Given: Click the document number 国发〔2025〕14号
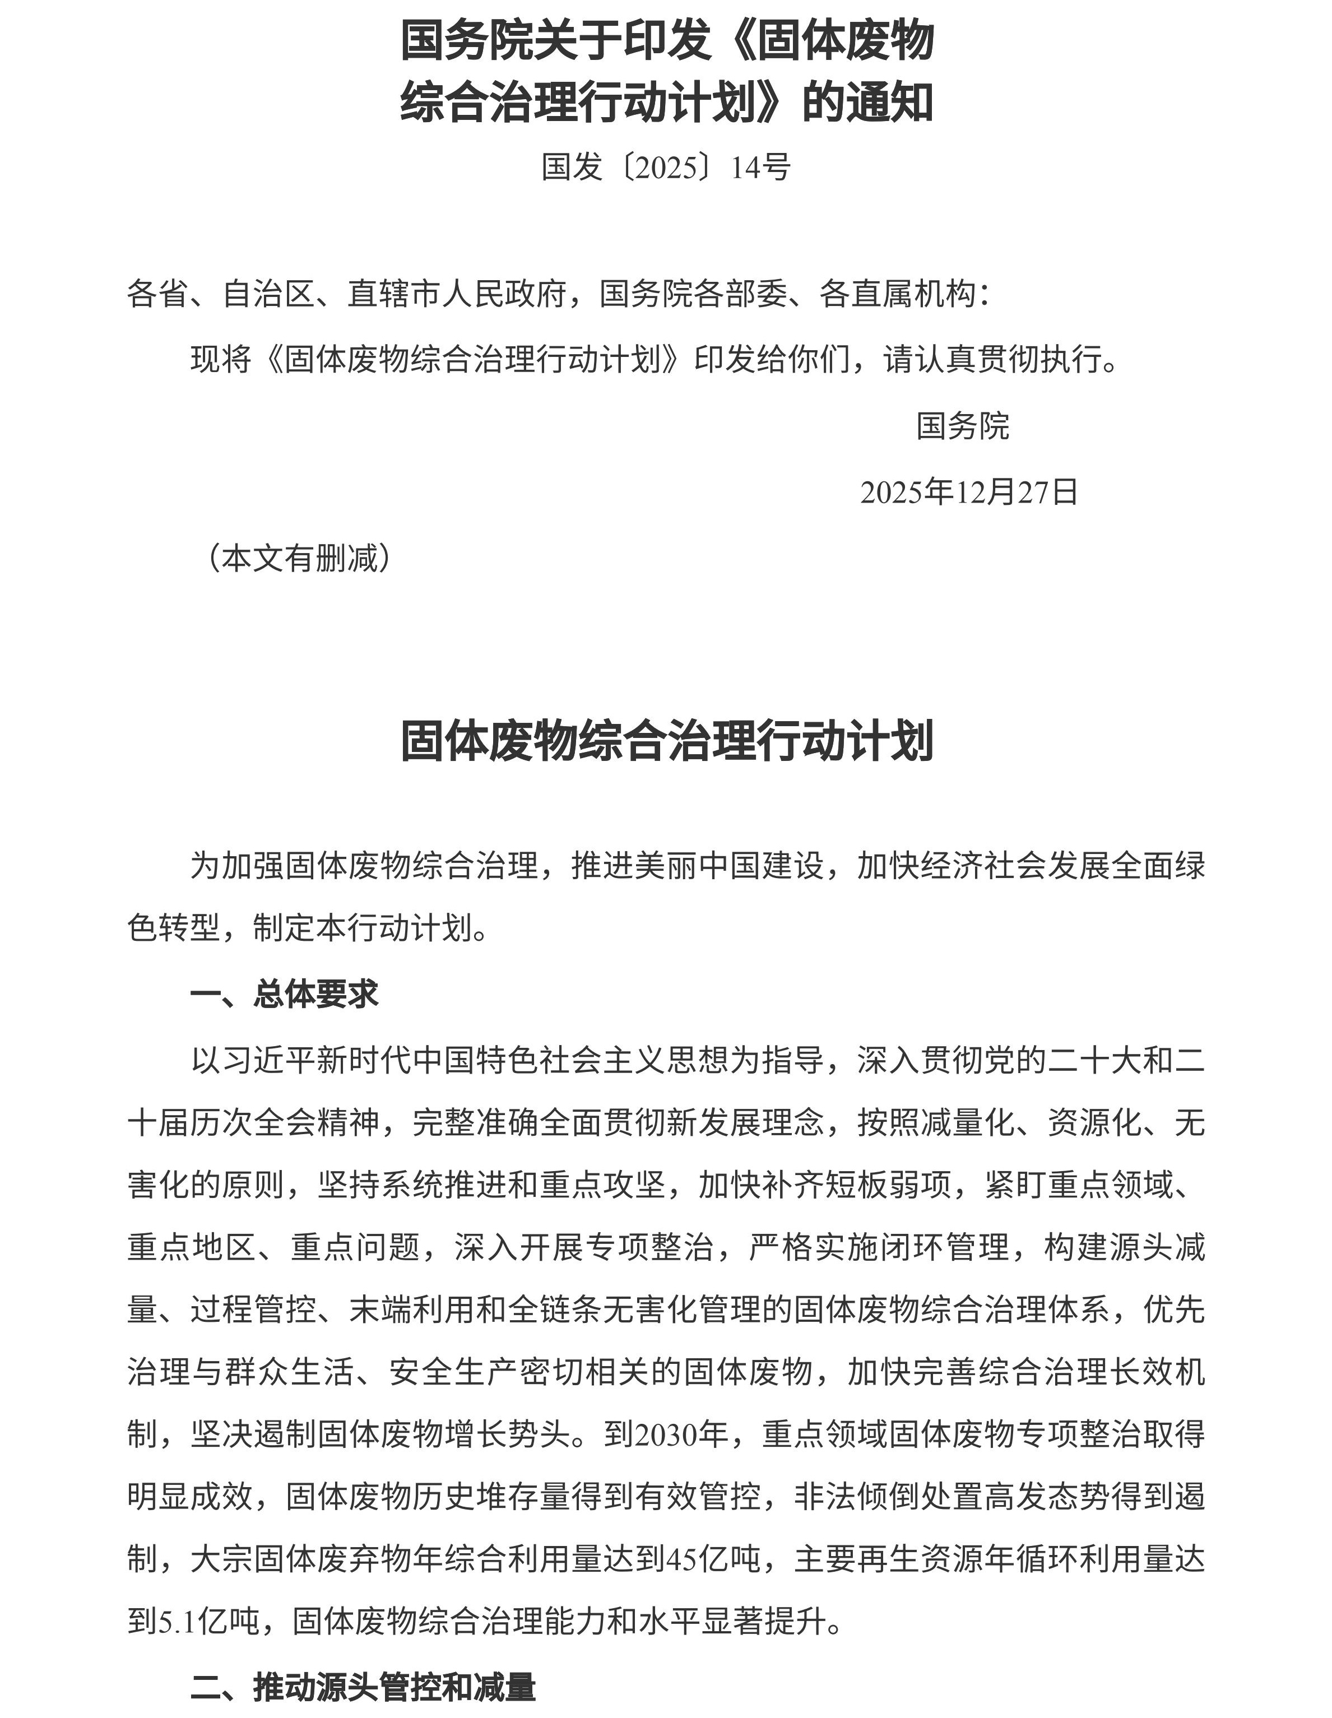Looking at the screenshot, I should coord(666,167).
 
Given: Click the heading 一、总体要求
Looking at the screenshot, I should coord(284,994).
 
